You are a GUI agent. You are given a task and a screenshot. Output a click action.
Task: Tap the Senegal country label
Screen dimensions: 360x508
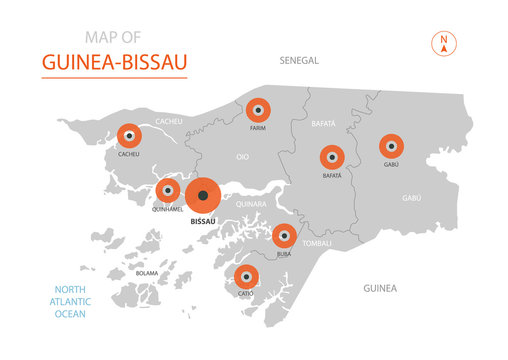click(x=299, y=60)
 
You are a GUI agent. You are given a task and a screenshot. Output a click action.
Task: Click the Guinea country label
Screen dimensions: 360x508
click(x=380, y=288)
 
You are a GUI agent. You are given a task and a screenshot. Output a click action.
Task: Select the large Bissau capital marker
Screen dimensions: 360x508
click(x=203, y=195)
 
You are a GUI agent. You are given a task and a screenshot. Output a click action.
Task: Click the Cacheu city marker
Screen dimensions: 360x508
click(x=128, y=135)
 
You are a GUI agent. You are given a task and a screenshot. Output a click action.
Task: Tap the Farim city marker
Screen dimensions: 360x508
click(x=258, y=108)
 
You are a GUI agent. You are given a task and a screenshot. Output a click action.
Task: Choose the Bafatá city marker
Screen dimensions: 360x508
click(x=331, y=157)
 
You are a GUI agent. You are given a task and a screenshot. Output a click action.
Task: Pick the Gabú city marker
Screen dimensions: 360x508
click(x=391, y=146)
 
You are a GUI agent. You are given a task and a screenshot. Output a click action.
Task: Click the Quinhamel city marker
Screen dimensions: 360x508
click(x=167, y=190)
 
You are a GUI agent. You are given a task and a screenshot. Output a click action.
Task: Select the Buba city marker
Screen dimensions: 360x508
click(x=284, y=236)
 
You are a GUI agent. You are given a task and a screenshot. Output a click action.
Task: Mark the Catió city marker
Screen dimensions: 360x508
click(x=245, y=275)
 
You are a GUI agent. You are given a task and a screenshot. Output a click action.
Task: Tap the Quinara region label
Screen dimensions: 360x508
click(x=251, y=203)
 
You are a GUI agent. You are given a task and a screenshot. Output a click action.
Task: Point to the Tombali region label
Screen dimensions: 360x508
click(x=318, y=242)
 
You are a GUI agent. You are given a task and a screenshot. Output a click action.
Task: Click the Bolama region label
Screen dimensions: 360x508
click(x=147, y=272)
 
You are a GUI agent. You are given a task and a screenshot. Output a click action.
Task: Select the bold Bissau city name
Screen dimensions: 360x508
click(x=203, y=222)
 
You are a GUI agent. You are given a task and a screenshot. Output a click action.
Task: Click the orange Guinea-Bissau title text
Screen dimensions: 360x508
click(x=114, y=62)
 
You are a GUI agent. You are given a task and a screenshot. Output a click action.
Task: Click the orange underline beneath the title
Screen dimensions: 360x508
click(x=114, y=77)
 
